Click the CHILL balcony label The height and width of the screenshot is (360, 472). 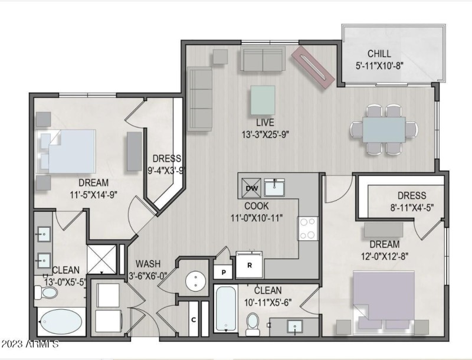coord(379,54)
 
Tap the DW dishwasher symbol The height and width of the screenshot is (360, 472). coord(251,188)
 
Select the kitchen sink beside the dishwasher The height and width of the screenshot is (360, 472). coord(274,187)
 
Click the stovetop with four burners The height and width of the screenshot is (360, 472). coord(307,228)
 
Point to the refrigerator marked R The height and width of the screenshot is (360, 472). coord(249,265)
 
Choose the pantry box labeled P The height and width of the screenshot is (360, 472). coord(223,272)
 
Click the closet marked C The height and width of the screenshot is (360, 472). coord(194,319)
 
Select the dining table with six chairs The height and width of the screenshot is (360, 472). coord(384,129)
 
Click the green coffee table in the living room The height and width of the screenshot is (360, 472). coord(263,100)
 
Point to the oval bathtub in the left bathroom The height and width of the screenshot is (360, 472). coord(61,322)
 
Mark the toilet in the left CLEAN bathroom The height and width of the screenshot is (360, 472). coord(46,292)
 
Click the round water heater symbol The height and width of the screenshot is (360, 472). coord(196,281)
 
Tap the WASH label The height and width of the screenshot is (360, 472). coord(148,264)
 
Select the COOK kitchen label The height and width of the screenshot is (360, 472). coord(257,206)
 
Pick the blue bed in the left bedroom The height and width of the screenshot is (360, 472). coord(66,151)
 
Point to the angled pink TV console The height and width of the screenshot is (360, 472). coord(313,67)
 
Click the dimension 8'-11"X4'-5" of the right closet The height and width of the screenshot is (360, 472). coord(412,207)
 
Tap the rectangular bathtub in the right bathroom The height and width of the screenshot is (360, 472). coord(226,309)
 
